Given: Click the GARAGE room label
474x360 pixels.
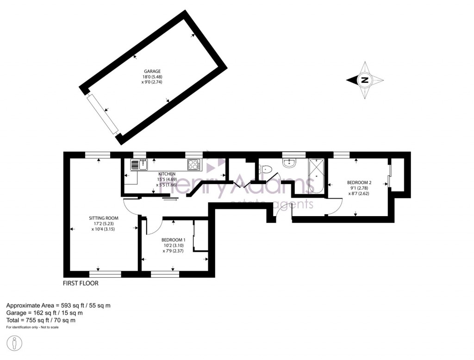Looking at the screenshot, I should (x=151, y=71).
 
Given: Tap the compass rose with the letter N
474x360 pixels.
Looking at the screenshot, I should (x=365, y=80).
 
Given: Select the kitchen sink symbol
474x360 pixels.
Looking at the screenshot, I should (x=138, y=165).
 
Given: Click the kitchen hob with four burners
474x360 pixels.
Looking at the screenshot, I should (x=194, y=164).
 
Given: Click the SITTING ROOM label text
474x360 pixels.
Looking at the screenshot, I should (x=104, y=218).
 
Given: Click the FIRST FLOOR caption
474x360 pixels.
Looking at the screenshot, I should (x=81, y=283).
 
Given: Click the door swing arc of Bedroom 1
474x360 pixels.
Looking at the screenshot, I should (x=154, y=227).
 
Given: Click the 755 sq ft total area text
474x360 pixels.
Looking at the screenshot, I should (x=41, y=320).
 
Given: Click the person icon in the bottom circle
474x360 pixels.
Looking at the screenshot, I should (x=15, y=344).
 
